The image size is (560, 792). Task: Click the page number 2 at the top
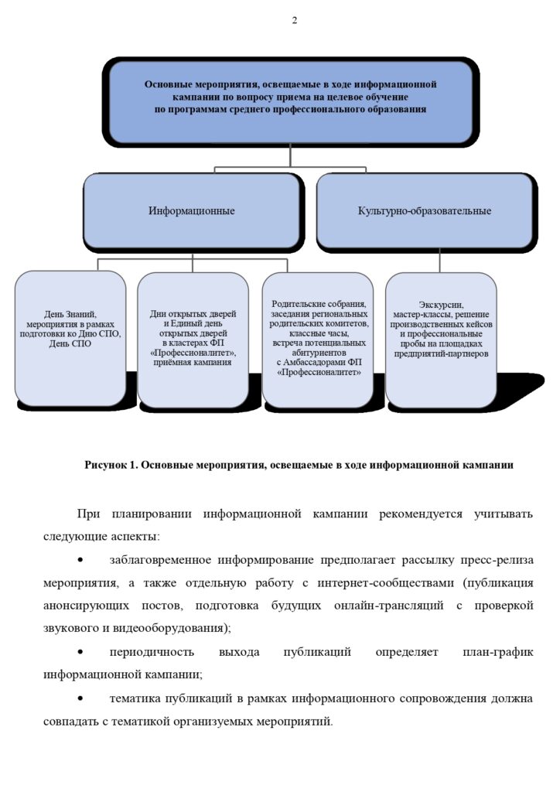[295, 20]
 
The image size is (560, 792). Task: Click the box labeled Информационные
[192, 210]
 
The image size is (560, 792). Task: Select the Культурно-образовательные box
[424, 210]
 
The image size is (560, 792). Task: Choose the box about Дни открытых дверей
[193, 339]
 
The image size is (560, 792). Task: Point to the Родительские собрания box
[318, 339]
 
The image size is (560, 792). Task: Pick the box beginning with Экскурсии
[441, 339]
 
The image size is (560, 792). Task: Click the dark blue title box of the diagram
[290, 101]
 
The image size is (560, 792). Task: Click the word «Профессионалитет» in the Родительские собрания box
[319, 372]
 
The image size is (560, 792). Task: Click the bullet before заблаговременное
[80, 560]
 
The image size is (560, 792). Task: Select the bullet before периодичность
[80, 652]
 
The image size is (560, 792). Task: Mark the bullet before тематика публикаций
[80, 698]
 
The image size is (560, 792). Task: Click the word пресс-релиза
[497, 560]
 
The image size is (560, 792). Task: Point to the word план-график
[498, 652]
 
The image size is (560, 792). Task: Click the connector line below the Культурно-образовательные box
[439, 261]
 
